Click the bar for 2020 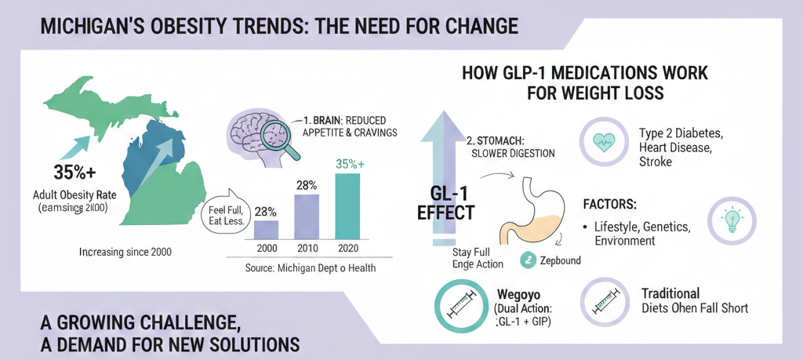tap(347, 206)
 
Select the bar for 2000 tap(267, 229)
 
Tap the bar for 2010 tap(307, 216)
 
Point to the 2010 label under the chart tap(307, 248)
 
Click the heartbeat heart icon tap(603, 143)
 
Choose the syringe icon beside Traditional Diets tap(605, 304)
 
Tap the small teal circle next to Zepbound tap(528, 260)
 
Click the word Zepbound tap(561, 260)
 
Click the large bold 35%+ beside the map tap(74, 173)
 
